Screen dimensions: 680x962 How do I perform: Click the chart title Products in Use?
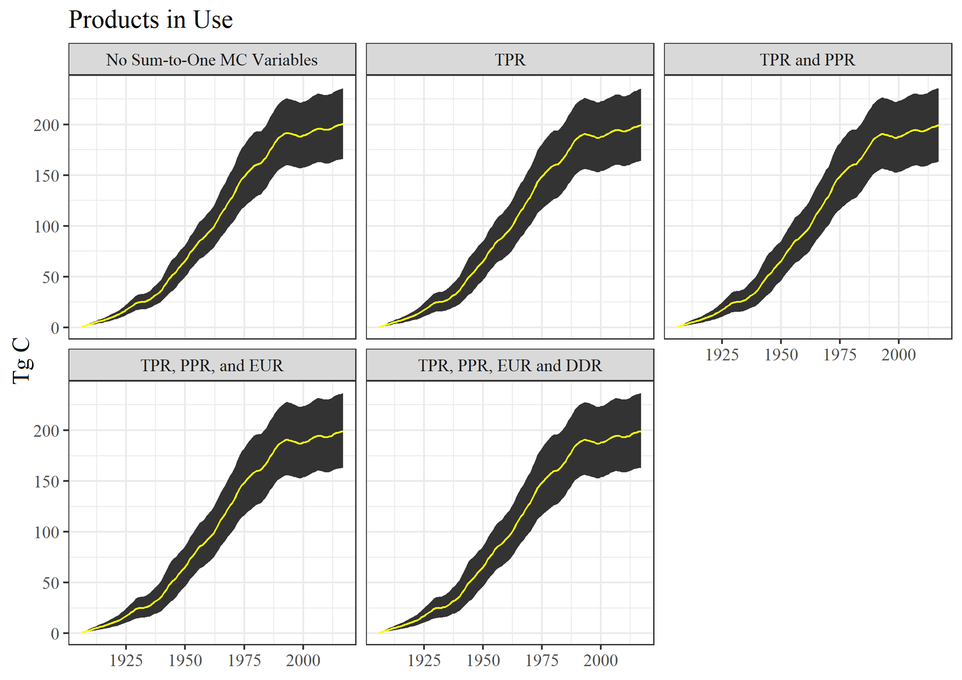click(x=150, y=20)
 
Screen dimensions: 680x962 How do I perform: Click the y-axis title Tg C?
click(x=22, y=361)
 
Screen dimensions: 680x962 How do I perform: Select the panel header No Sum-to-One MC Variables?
click(x=211, y=60)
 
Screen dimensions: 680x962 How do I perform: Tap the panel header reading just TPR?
click(x=510, y=60)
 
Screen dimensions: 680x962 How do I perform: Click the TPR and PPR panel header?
click(x=807, y=60)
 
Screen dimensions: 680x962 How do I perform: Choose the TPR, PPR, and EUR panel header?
click(x=211, y=365)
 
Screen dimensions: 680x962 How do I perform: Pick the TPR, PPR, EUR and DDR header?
click(x=510, y=365)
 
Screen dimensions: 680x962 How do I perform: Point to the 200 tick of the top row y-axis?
click(x=46, y=125)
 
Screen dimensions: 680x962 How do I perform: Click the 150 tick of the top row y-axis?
click(x=46, y=176)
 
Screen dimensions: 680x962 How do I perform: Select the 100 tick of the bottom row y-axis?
click(x=46, y=533)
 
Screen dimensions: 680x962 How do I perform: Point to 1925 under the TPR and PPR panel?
click(x=722, y=355)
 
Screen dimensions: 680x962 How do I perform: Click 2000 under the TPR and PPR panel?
click(x=898, y=355)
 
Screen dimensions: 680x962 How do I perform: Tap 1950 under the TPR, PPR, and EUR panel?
click(x=185, y=660)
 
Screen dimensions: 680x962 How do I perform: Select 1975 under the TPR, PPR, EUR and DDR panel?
click(x=542, y=660)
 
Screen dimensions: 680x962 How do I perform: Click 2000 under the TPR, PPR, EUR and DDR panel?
click(x=600, y=660)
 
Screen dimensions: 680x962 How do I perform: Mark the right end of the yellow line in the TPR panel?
click(x=640, y=125)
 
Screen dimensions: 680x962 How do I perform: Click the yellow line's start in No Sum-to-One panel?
click(x=83, y=326)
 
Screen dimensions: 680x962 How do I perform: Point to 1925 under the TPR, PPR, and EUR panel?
click(x=126, y=660)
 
